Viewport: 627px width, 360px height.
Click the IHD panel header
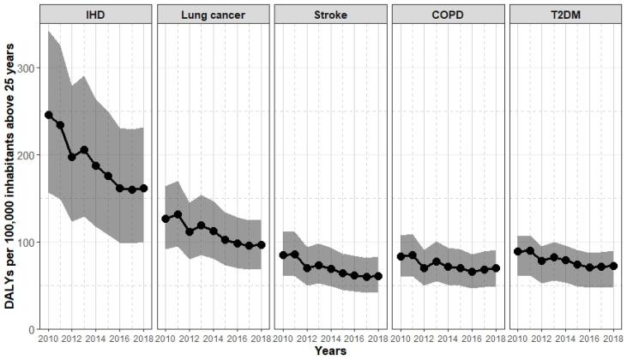coord(96,15)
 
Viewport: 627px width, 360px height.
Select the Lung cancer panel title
coord(213,15)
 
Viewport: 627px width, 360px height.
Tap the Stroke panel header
coord(330,15)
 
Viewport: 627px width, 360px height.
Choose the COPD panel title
coord(447,15)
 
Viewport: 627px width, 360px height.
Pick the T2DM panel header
coord(564,15)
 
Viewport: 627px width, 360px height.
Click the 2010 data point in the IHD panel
coord(49,115)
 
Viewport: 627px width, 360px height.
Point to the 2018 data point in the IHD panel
coord(143,189)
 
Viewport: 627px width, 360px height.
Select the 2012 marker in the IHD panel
coord(72,157)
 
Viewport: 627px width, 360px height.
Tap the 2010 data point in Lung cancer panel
coord(166,219)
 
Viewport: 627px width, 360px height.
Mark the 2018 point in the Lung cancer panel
coord(261,245)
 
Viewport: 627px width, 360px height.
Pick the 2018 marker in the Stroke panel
coord(377,277)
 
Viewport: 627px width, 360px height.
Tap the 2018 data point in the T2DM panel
coord(612,266)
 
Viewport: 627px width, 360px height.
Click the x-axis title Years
coord(330,351)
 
